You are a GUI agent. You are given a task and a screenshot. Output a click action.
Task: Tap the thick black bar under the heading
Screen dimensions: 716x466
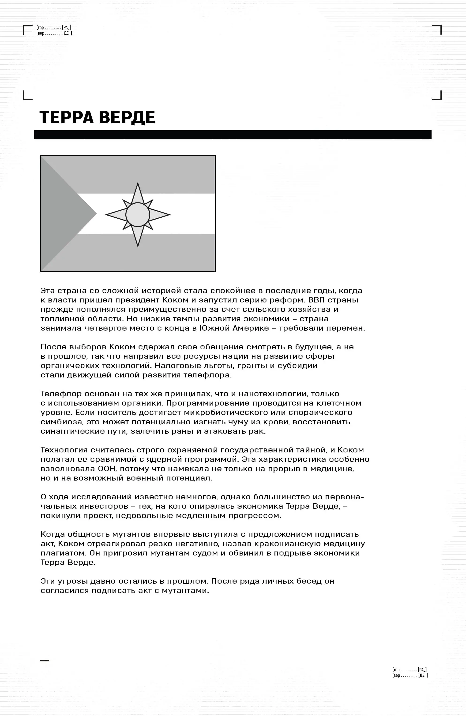click(233, 134)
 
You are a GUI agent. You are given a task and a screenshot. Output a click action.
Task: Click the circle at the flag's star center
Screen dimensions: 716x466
click(138, 215)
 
